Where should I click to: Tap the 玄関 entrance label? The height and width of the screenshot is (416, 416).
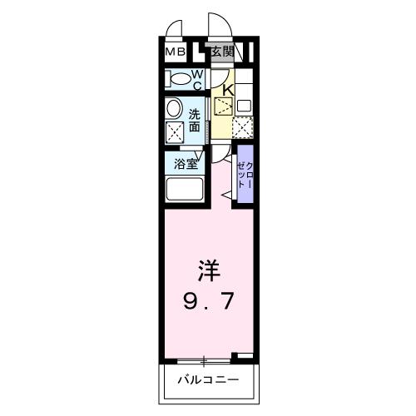coord(220,52)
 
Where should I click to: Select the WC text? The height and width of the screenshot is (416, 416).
coord(198,80)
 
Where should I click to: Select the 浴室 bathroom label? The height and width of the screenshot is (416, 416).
coord(185,165)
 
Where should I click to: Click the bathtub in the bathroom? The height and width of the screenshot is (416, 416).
coord(186,189)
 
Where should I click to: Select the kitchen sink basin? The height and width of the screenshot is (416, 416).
coord(244,106)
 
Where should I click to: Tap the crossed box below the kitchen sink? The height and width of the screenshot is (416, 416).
coord(243,127)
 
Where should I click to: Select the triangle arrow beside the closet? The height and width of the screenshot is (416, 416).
coord(226,195)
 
